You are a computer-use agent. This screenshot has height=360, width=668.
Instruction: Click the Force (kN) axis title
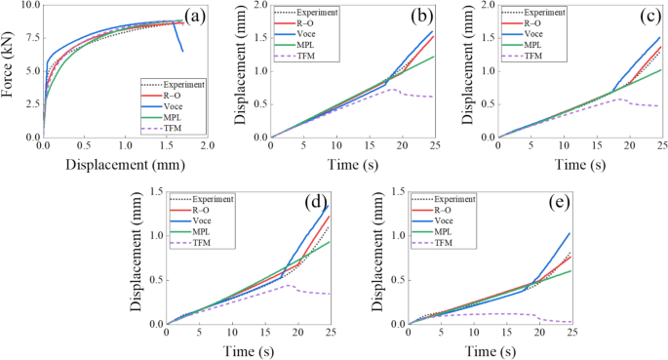tap(9, 70)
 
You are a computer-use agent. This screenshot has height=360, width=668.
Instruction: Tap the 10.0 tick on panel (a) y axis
tap(29, 6)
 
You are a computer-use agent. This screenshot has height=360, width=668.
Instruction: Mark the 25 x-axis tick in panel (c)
tap(661, 145)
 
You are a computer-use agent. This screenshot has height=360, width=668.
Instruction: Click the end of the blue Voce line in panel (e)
tap(570, 233)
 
